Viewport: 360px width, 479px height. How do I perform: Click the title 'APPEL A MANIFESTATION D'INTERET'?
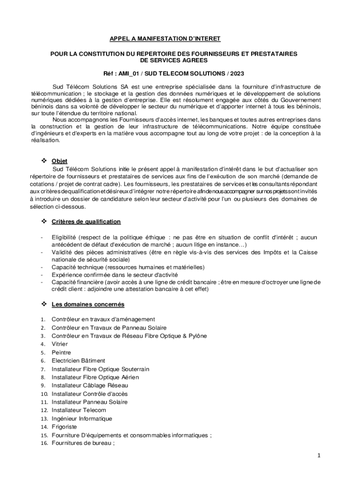165,38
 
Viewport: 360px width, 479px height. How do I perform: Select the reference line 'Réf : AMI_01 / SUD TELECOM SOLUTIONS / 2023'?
173,74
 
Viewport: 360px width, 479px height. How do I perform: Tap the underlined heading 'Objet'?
59,161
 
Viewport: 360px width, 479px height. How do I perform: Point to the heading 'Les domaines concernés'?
88,305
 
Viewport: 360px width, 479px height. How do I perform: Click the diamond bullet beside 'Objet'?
45,161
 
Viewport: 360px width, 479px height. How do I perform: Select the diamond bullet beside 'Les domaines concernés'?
45,304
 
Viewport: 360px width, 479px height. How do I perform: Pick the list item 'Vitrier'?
60,344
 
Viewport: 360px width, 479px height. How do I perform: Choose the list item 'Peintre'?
60,352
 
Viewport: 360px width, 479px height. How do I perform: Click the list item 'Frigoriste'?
64,427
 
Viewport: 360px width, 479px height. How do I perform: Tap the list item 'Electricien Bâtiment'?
78,361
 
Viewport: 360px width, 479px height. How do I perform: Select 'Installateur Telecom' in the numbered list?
79,410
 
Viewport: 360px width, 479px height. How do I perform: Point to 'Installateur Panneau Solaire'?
89,402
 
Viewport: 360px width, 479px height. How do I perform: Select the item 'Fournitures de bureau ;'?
83,443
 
